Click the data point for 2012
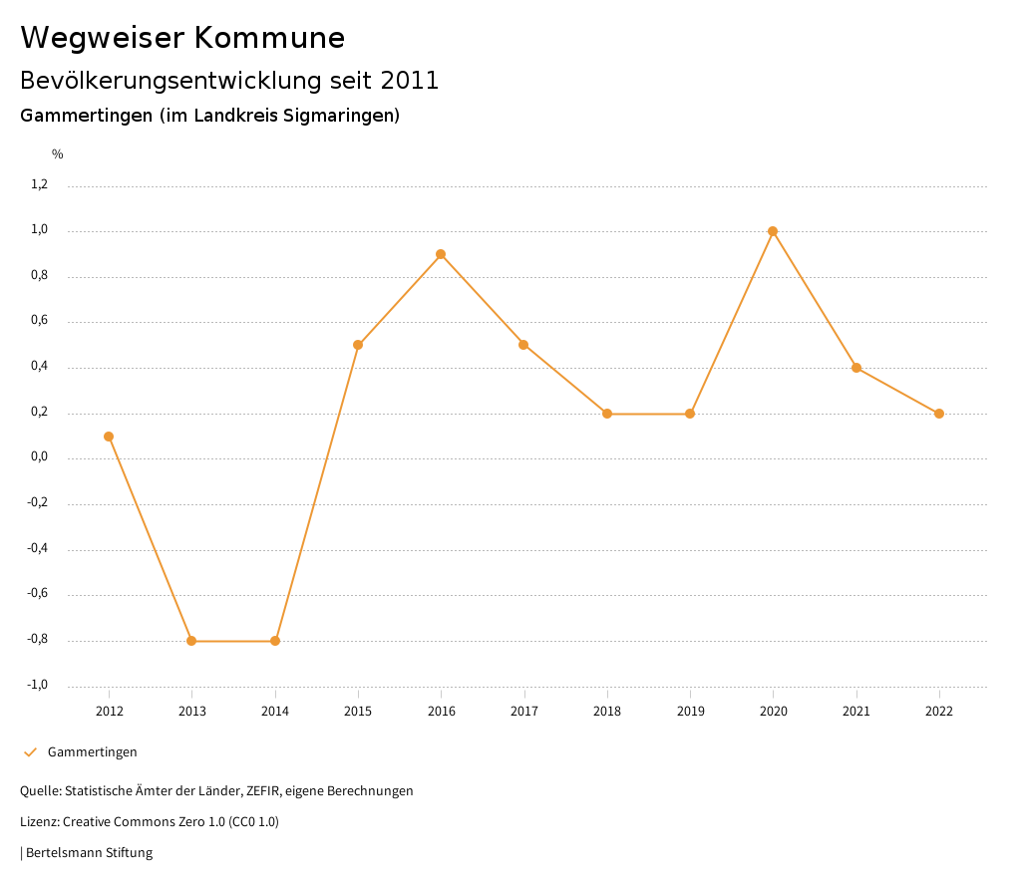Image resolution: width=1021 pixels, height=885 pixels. pos(109,437)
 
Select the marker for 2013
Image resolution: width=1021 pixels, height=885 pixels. pos(191,641)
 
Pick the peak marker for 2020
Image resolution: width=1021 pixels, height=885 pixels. pos(773,231)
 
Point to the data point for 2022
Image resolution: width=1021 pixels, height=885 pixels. pos(939,414)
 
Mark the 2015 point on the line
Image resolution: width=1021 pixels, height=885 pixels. pos(358,345)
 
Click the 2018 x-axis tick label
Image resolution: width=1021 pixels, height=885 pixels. pos(607,711)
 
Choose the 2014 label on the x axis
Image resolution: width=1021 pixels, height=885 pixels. pos(275,711)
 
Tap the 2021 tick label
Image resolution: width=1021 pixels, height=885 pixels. pos(856,711)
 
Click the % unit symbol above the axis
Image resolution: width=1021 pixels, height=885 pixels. pos(58,154)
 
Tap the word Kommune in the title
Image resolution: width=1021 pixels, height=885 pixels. pos(269,38)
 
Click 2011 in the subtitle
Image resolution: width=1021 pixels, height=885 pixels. pos(410,81)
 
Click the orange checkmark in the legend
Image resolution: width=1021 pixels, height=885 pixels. pos(30,752)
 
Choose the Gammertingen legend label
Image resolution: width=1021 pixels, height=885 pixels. pos(93,752)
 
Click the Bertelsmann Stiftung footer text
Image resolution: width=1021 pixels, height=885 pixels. pos(89,853)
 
